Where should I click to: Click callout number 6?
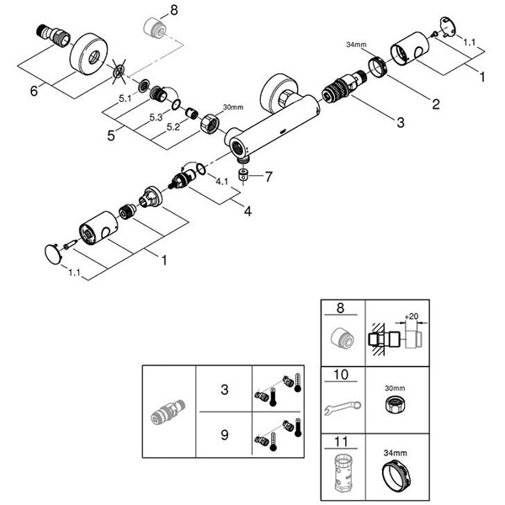click(x=35, y=90)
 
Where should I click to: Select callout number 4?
click(x=247, y=211)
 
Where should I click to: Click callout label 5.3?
click(x=156, y=118)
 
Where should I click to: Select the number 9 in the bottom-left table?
click(x=224, y=435)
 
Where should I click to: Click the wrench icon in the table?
click(x=342, y=408)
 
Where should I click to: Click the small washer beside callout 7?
click(x=244, y=177)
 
